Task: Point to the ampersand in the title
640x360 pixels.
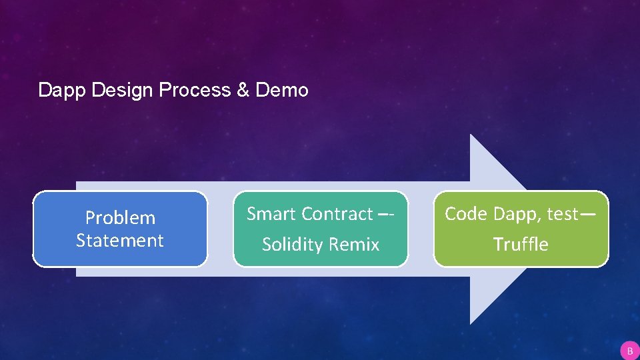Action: click(243, 90)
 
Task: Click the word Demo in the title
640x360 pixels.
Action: click(281, 90)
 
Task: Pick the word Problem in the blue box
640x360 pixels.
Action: click(120, 217)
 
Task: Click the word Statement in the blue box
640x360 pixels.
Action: click(120, 240)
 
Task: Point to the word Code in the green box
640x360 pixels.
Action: click(465, 213)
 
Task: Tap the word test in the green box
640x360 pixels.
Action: click(562, 213)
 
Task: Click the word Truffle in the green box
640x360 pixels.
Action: click(521, 245)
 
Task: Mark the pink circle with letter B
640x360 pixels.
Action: click(629, 350)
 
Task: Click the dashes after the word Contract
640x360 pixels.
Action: click(387, 214)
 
